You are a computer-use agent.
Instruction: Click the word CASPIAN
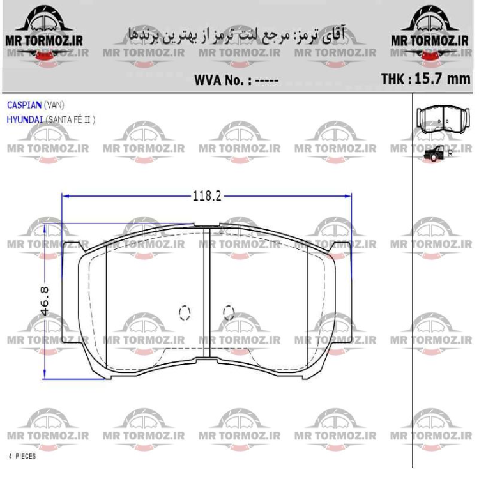click(24, 105)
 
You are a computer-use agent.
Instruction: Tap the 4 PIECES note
click(22, 457)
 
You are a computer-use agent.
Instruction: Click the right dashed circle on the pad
click(228, 312)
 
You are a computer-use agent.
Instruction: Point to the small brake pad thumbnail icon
click(443, 118)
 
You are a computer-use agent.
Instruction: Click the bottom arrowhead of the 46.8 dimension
click(45, 376)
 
